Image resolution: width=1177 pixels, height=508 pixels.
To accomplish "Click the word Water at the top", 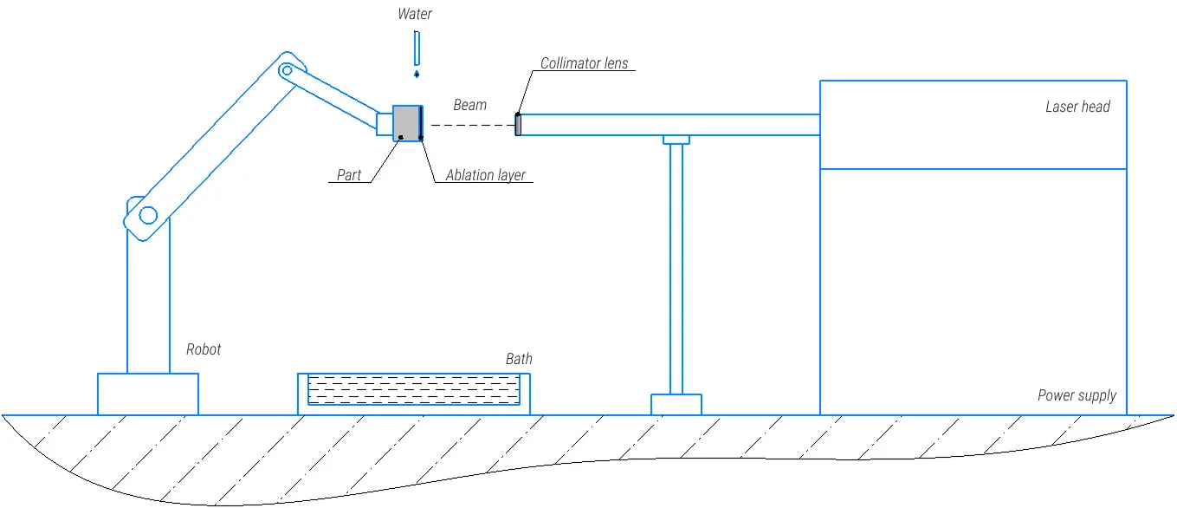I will click(414, 14).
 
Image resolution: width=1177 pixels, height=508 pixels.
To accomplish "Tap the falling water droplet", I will click(417, 75).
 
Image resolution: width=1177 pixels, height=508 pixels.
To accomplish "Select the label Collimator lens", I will click(585, 63).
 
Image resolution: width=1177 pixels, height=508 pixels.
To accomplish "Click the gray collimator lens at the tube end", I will click(518, 125).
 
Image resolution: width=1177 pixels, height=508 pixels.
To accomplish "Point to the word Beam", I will click(470, 105).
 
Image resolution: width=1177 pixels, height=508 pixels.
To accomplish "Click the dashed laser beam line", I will click(472, 126).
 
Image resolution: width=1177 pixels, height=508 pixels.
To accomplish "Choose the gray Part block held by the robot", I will click(406, 123).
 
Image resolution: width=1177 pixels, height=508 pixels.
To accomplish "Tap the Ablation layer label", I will click(486, 175).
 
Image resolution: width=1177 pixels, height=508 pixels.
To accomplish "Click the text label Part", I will click(349, 175).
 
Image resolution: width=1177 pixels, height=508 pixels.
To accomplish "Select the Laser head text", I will click(1077, 107).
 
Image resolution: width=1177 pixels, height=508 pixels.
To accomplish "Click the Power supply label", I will click(1077, 395).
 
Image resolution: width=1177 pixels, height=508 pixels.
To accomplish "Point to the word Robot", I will click(204, 349).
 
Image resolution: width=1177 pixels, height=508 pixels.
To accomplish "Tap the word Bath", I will click(519, 359).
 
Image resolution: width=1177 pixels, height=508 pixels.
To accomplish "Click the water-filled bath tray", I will click(414, 389).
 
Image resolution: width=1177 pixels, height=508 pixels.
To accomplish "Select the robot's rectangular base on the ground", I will click(148, 394).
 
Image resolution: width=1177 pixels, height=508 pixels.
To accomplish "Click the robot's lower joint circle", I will click(148, 215).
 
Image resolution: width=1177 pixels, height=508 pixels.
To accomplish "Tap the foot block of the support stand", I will click(676, 404).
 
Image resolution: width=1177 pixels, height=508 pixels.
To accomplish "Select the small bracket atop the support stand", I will click(676, 140).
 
